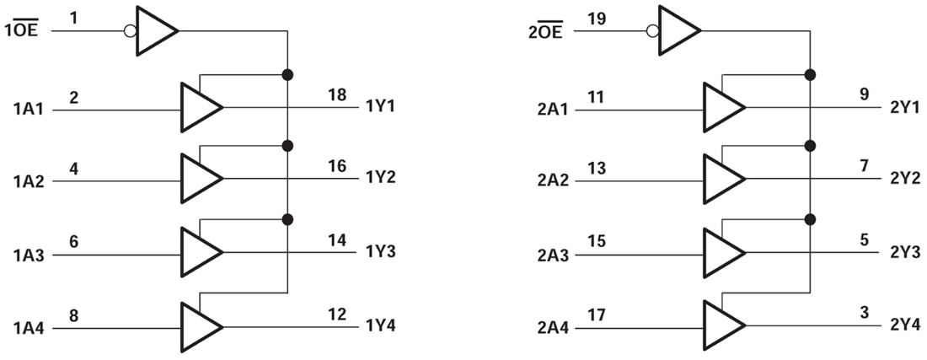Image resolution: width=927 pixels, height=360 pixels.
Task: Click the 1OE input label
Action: coord(22,32)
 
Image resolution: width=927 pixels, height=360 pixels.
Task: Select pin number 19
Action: coord(597,18)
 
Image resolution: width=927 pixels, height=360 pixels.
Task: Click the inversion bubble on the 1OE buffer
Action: coord(130,32)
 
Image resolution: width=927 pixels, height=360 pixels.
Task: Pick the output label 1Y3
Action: coord(381,252)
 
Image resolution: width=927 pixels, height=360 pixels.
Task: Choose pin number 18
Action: coord(337,94)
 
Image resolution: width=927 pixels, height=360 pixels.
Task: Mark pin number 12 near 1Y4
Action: coord(337,313)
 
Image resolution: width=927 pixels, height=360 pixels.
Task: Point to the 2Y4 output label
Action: coord(906,325)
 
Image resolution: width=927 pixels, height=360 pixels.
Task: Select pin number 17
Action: coord(597,313)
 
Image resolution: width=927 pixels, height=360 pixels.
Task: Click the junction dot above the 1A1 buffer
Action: coord(287,74)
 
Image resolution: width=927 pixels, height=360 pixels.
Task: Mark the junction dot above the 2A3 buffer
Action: coord(810,219)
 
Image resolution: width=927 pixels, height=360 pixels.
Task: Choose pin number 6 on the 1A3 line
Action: coord(74,240)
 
